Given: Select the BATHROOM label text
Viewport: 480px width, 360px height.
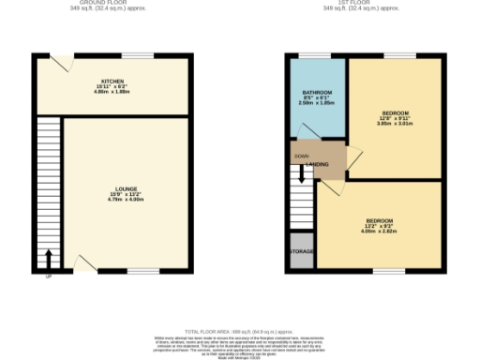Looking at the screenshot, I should click(x=315, y=92).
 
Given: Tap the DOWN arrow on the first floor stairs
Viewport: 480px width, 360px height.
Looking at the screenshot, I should click(x=302, y=172).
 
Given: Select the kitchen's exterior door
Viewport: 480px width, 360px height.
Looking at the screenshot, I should click(x=61, y=62).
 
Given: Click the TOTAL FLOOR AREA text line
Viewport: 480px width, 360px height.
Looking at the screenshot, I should click(x=239, y=332).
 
